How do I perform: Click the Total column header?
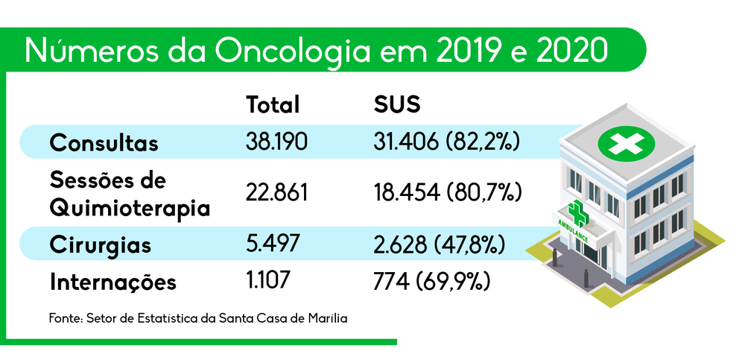273,105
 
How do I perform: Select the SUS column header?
397,105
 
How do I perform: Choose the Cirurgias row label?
101,244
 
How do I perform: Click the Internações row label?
113,283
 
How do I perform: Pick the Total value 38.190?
276,142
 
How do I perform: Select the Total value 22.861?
276,193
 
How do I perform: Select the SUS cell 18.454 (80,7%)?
446,193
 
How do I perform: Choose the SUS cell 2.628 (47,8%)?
440,244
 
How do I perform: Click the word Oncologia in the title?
290,51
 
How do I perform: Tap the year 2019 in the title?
457,51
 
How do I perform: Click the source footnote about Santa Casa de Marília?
199,318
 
